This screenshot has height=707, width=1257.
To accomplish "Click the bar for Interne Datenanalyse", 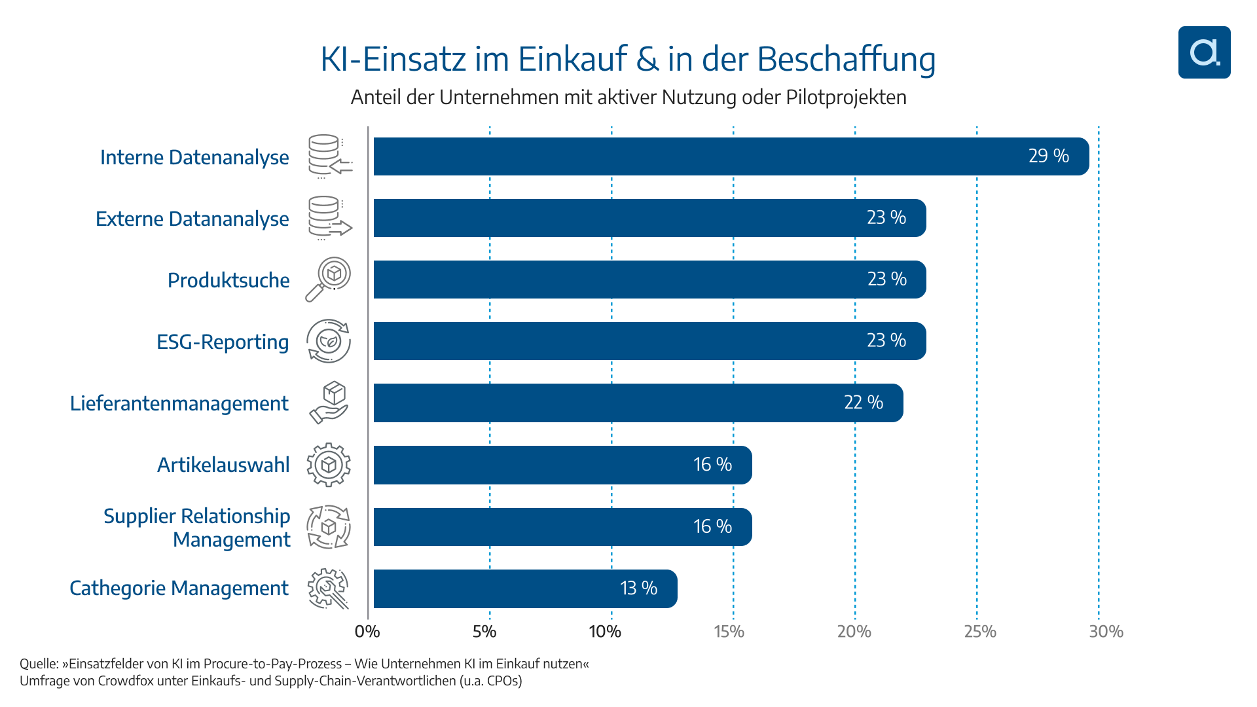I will (x=730, y=156).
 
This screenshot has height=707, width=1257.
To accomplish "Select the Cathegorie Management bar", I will (x=525, y=589).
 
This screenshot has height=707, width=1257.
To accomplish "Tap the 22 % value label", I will (x=863, y=403).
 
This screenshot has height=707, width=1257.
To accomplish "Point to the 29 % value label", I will (x=1048, y=156).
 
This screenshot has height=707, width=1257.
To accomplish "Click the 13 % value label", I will (x=638, y=589).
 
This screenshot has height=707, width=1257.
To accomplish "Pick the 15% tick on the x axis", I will (x=729, y=632).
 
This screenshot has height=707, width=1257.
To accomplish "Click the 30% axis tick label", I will (x=1106, y=632).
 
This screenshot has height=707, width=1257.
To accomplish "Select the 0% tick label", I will (x=367, y=632).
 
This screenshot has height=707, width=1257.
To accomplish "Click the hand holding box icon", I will (x=329, y=403).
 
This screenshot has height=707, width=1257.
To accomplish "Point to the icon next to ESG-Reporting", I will (x=329, y=341).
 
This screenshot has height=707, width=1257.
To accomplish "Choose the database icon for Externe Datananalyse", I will (x=329, y=218).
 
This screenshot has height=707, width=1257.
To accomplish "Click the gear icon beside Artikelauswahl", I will (x=329, y=465).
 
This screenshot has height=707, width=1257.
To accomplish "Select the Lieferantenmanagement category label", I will (x=179, y=403).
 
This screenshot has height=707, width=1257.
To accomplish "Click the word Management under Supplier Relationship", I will (x=231, y=540).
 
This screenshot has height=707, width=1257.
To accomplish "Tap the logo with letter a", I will (x=1204, y=52).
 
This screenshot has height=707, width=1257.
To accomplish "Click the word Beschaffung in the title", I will (x=847, y=59).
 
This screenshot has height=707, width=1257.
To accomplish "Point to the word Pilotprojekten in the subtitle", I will (x=846, y=97).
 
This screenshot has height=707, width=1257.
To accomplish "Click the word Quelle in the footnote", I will (x=39, y=664).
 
